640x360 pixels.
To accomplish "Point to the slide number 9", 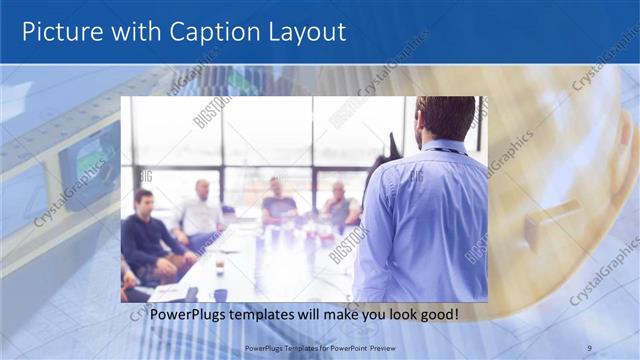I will (589, 347).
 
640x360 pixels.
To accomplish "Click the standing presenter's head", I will (446, 118).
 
